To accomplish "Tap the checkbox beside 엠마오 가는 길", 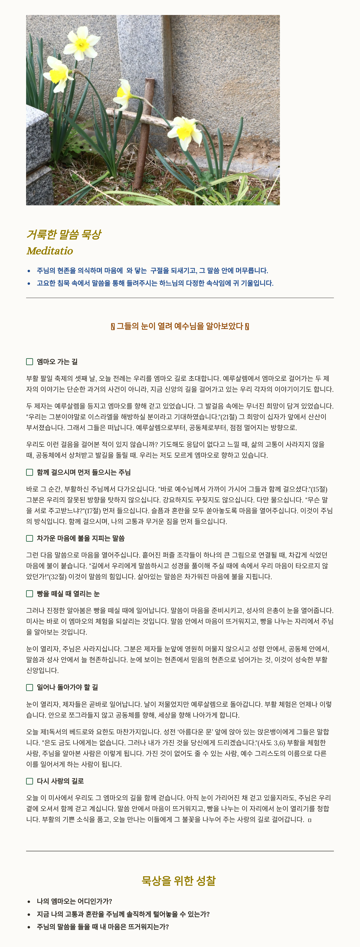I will coord(29,362).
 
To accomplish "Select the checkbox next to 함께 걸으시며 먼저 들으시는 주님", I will coord(29,472).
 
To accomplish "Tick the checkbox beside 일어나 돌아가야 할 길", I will coord(29,687).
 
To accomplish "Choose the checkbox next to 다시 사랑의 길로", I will coord(29,781).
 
